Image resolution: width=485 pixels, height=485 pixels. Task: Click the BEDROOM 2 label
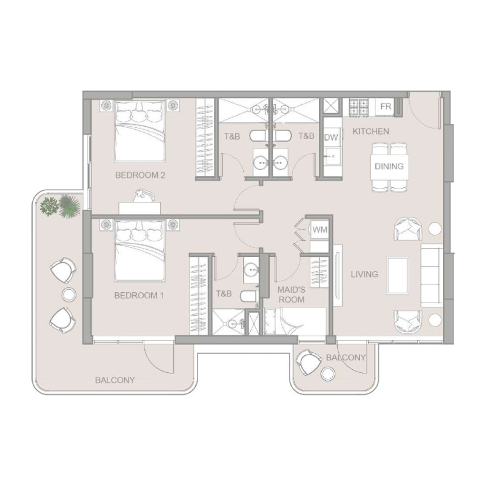click(x=140, y=175)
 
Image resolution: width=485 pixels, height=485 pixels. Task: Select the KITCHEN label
click(x=370, y=132)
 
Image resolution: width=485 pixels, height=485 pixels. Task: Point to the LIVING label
click(x=364, y=274)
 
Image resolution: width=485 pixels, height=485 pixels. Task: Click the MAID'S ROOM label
click(x=291, y=295)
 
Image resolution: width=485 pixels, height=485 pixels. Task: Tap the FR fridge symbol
click(x=386, y=107)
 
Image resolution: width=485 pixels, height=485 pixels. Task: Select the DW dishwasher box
click(x=330, y=138)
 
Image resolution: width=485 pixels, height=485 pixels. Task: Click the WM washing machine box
click(x=319, y=230)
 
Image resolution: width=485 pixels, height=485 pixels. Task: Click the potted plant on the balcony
click(x=60, y=207)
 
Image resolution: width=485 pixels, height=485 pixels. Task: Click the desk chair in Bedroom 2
click(x=142, y=194)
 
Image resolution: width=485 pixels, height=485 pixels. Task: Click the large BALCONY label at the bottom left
click(x=115, y=380)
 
